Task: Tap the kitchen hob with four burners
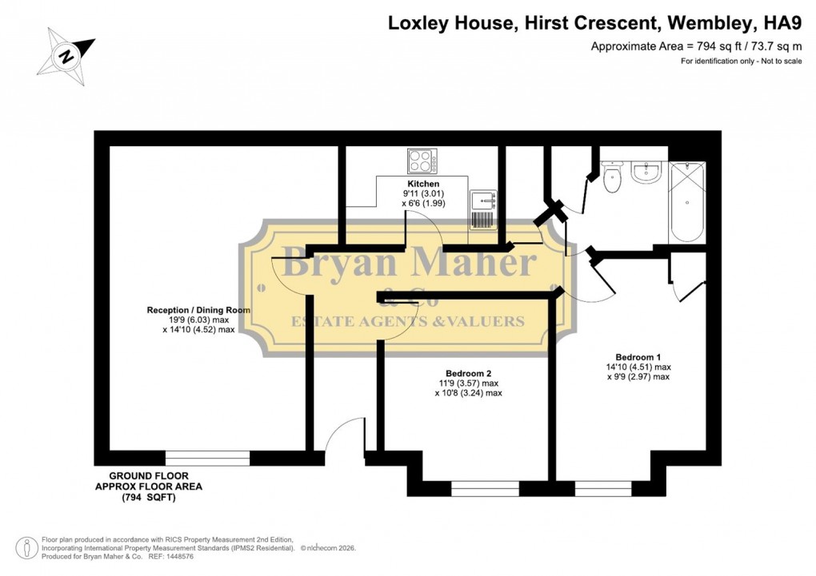coord(422,161)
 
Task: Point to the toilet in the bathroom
coord(613,178)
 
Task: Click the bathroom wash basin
coord(645,171)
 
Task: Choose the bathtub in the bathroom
coord(686,201)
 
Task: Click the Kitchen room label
coord(422,184)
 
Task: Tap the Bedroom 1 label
coord(638,357)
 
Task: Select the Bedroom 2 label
coord(468,373)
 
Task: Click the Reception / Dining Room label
coord(198,310)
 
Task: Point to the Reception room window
coord(207,459)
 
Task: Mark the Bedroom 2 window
coord(485,488)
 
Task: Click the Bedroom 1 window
coord(603,488)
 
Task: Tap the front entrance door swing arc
coord(344,435)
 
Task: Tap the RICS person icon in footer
coord(28,547)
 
